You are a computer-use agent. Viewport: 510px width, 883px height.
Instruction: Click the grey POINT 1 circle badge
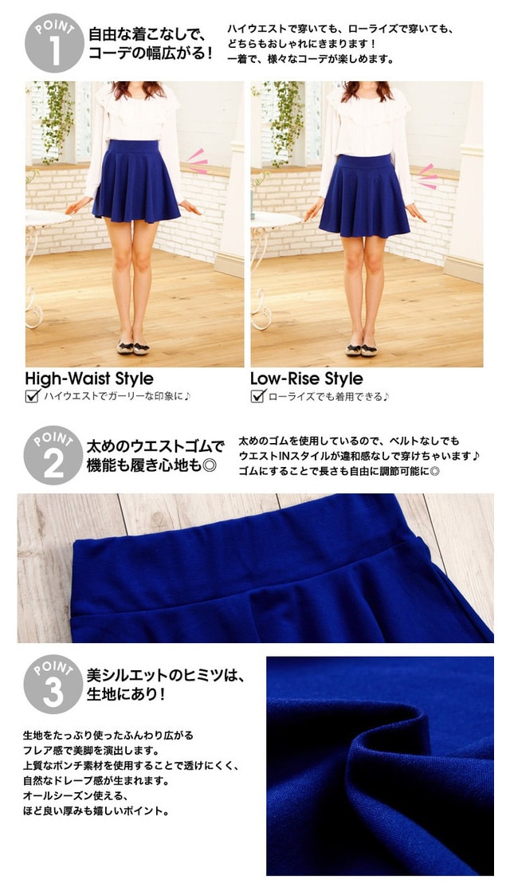54,43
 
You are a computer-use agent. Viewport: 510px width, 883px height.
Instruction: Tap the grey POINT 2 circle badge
53,455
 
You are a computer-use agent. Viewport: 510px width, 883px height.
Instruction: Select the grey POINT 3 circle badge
53,685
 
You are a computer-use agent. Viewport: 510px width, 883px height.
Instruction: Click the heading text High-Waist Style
89,379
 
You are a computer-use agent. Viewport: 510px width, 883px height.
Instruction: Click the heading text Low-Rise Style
307,379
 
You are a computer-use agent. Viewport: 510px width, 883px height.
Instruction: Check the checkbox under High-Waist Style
33,396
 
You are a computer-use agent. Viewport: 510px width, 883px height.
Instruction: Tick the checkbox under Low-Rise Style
258,396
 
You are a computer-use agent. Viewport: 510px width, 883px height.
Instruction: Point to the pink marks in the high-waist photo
198,161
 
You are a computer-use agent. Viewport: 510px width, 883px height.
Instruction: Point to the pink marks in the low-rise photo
428,176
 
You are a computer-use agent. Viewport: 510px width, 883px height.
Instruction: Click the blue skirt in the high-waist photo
136,180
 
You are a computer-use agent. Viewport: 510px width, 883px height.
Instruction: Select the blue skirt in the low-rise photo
364,194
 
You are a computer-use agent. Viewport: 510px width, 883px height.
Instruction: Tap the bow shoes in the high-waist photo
133,347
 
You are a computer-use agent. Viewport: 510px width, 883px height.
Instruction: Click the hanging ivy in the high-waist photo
58,121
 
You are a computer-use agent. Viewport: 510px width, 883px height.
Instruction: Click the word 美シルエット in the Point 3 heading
127,675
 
